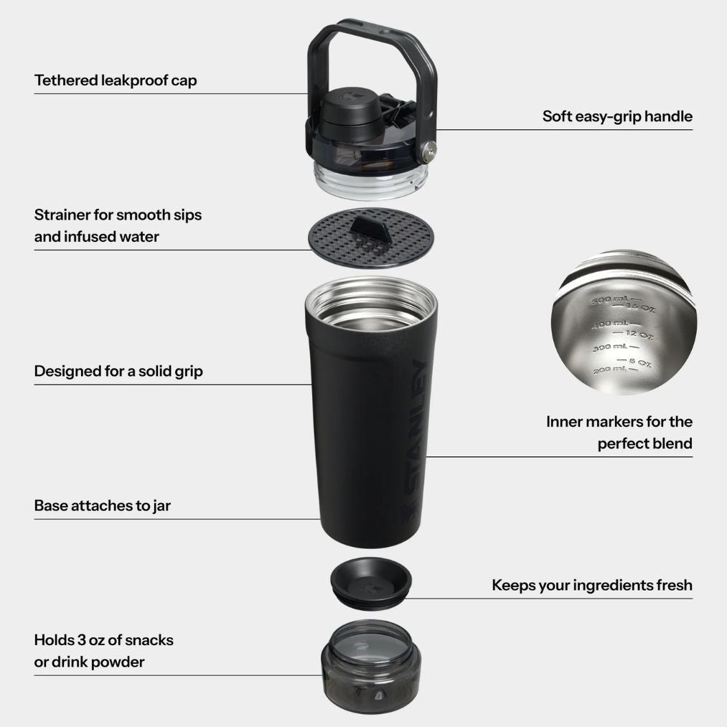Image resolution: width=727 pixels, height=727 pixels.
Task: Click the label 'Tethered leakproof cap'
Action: pyautogui.click(x=116, y=80)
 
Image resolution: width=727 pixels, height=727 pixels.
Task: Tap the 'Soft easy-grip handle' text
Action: pyautogui.click(x=617, y=116)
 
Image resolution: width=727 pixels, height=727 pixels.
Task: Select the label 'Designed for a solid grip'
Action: pyautogui.click(x=118, y=371)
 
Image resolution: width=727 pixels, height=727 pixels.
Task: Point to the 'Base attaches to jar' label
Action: pyautogui.click(x=103, y=505)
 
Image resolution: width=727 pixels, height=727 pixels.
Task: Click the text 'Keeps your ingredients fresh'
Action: pyautogui.click(x=592, y=585)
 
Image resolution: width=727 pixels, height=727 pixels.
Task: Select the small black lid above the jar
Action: pyautogui.click(x=370, y=580)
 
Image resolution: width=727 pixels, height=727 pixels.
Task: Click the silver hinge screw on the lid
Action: pyautogui.click(x=430, y=151)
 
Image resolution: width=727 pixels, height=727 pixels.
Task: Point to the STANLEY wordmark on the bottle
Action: pyautogui.click(x=414, y=438)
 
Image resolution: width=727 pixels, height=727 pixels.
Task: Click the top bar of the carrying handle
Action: pyautogui.click(x=370, y=27)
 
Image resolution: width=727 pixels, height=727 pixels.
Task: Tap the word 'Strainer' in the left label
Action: pyautogui.click(x=62, y=215)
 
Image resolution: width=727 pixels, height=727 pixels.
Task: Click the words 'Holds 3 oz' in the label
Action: pyautogui.click(x=69, y=639)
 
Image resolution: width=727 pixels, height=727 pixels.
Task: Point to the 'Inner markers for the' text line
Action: pyautogui.click(x=619, y=421)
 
